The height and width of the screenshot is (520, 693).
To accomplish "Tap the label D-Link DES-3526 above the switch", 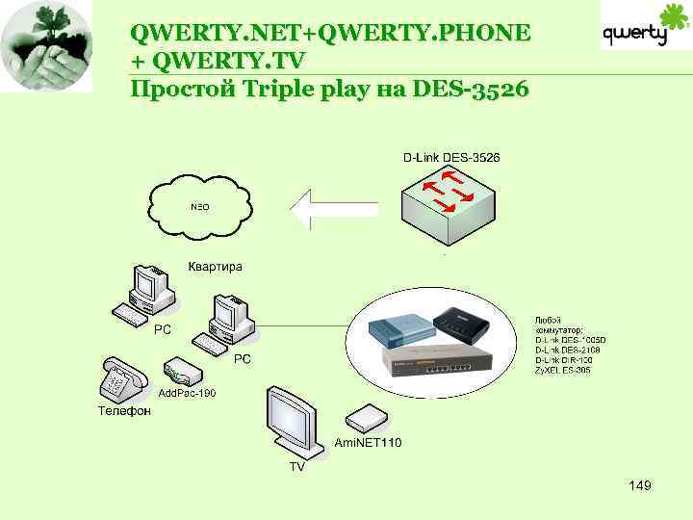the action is (x=450, y=157).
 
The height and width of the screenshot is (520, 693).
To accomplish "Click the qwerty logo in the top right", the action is (x=647, y=29).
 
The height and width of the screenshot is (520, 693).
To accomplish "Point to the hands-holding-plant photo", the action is (x=47, y=45).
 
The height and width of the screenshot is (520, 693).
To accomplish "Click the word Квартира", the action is (x=215, y=266).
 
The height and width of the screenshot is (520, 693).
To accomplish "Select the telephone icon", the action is (x=120, y=379).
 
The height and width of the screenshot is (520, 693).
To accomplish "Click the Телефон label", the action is (x=124, y=411).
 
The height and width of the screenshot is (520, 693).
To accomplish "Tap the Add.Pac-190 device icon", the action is (x=182, y=372).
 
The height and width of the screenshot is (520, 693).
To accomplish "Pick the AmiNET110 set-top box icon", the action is (x=366, y=417).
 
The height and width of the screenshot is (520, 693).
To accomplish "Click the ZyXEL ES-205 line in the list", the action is (x=563, y=370).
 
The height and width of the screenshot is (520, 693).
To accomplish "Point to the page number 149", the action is (x=639, y=485).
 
